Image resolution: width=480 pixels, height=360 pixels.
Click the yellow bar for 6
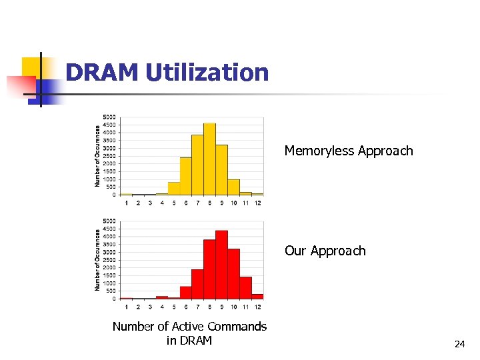point(185,176)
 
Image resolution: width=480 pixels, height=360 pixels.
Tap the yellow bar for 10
point(233,187)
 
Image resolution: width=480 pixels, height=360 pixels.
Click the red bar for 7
point(197,284)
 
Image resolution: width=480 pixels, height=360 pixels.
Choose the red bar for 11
point(245,287)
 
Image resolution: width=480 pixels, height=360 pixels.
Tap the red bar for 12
point(257,296)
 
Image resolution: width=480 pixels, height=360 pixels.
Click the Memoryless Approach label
point(349,151)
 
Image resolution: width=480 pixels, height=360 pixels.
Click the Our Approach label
point(325,251)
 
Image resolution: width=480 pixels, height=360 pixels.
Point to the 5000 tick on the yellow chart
point(109,117)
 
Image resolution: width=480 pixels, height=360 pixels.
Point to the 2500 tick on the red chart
point(109,260)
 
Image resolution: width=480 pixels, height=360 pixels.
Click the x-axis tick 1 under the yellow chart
point(126,203)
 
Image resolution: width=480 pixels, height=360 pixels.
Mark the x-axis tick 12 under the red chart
point(257,306)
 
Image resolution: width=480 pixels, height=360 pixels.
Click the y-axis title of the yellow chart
point(98,155)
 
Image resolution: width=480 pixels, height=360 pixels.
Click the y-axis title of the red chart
point(98,260)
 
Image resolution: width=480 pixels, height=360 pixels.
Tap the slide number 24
point(459,344)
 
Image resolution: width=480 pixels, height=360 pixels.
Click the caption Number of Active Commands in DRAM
point(189,333)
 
